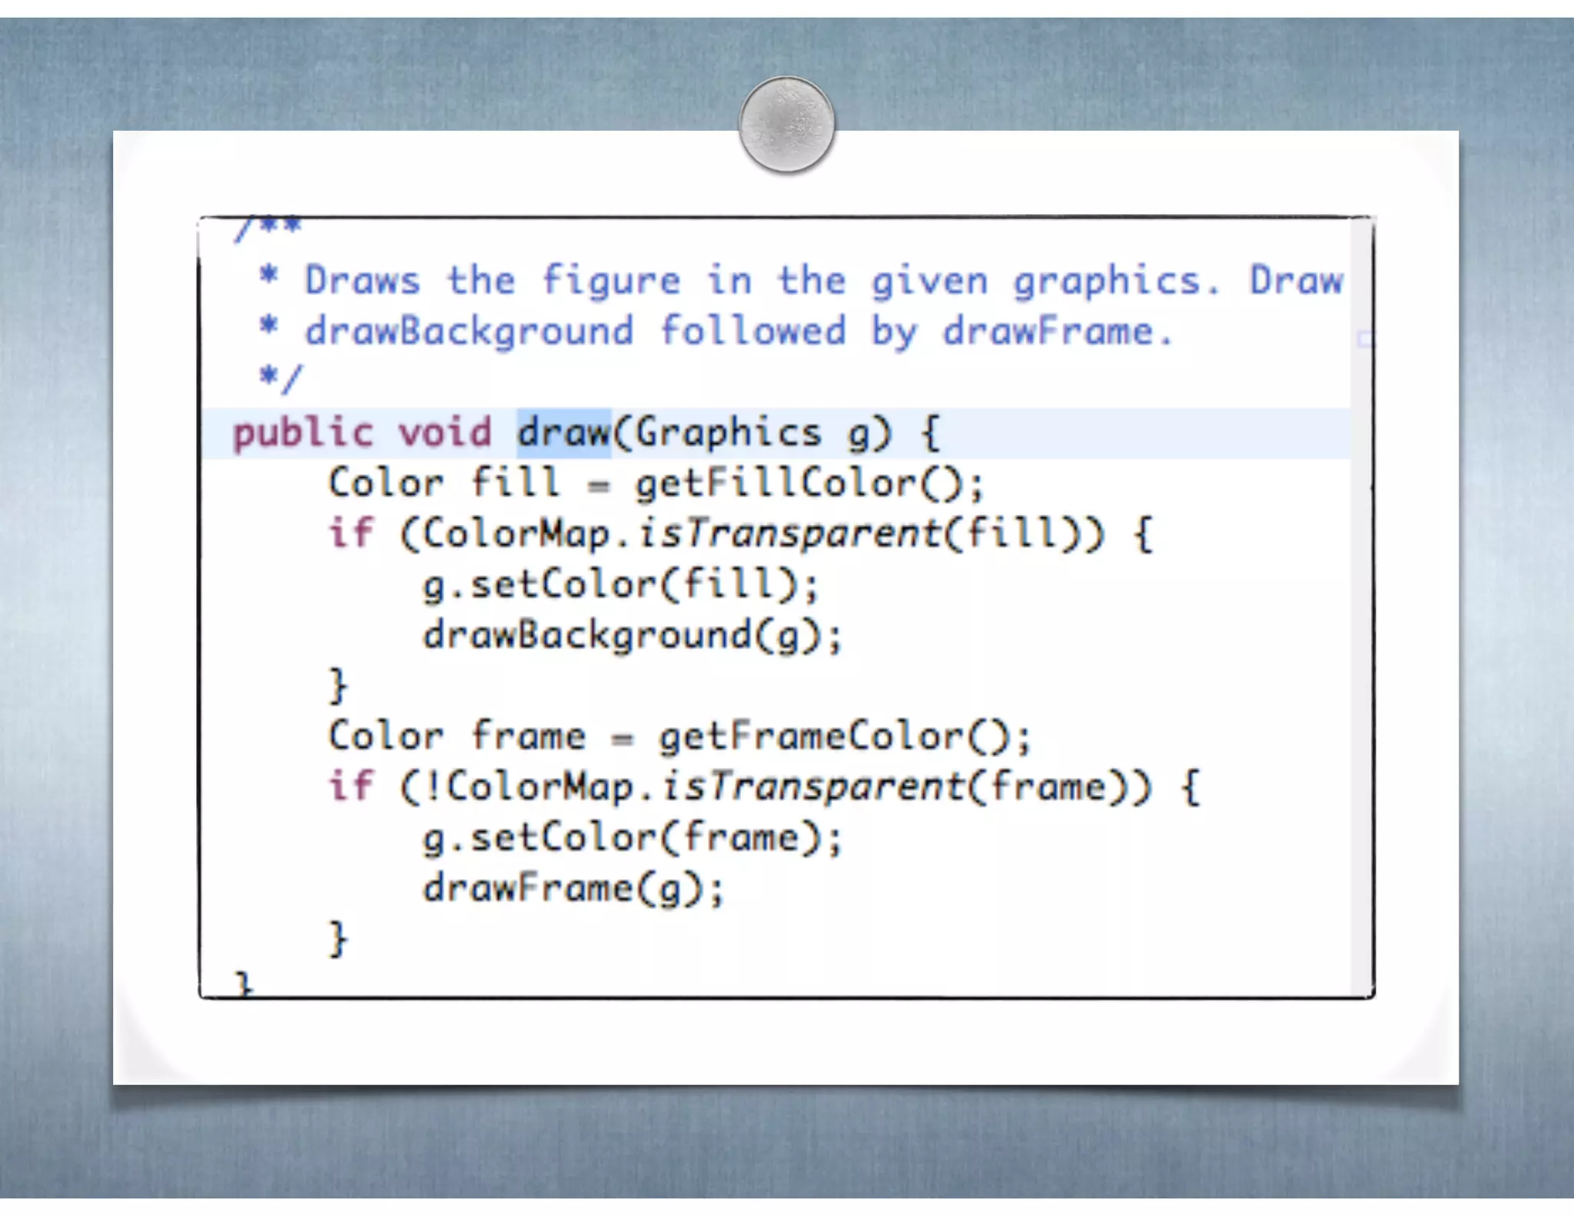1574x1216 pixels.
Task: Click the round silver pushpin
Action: (786, 124)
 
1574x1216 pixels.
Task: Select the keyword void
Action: (444, 432)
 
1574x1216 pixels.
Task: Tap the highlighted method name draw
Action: (563, 432)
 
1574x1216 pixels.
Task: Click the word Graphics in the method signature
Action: (727, 434)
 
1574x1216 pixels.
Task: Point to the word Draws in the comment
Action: (362, 280)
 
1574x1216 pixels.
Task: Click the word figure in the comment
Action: (611, 281)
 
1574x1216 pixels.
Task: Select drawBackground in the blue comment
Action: (469, 332)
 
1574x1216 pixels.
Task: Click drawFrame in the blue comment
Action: (1048, 332)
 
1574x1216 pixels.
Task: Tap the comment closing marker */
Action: (281, 378)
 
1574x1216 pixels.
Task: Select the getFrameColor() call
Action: (844, 737)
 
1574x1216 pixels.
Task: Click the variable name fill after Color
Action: (515, 483)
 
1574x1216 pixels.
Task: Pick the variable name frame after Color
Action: (528, 736)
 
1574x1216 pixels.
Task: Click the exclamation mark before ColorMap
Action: (433, 786)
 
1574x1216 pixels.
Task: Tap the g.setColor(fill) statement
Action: (621, 584)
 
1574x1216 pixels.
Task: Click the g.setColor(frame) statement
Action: (633, 837)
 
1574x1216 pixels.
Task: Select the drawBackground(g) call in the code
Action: (633, 636)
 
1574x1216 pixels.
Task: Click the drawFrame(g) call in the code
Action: (573, 889)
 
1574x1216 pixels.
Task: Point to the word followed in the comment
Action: (752, 332)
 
